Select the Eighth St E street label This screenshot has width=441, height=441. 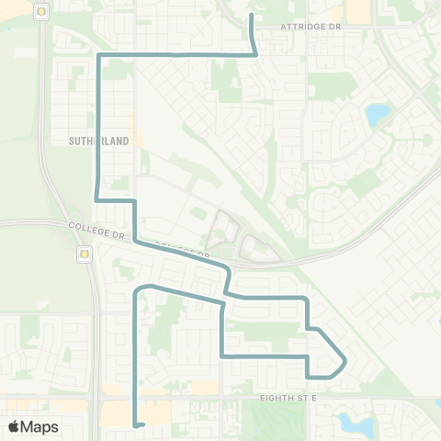pyautogui.click(x=288, y=397)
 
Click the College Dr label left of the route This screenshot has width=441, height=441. pyautogui.click(x=96, y=229)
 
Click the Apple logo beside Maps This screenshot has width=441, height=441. pyautogui.click(x=14, y=426)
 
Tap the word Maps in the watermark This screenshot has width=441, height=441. pyautogui.click(x=40, y=426)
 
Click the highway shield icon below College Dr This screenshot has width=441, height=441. pyautogui.click(x=85, y=254)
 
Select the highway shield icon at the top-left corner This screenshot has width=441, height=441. pyautogui.click(x=40, y=12)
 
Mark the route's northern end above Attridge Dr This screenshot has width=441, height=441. pyautogui.click(x=252, y=17)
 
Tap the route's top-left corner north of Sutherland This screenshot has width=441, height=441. pyautogui.click(x=99, y=57)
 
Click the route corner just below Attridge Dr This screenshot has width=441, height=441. pyautogui.click(x=254, y=54)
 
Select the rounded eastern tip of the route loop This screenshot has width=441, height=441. pyautogui.click(x=345, y=363)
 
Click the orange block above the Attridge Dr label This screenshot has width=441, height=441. pyautogui.click(x=360, y=10)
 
